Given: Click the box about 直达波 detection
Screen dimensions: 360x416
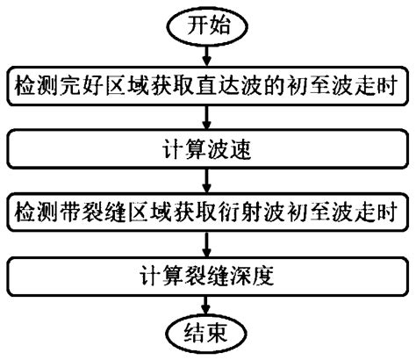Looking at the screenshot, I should (x=208, y=87).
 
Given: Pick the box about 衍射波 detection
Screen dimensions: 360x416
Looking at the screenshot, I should (x=208, y=212).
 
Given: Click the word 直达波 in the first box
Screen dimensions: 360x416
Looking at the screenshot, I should (x=240, y=87).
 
